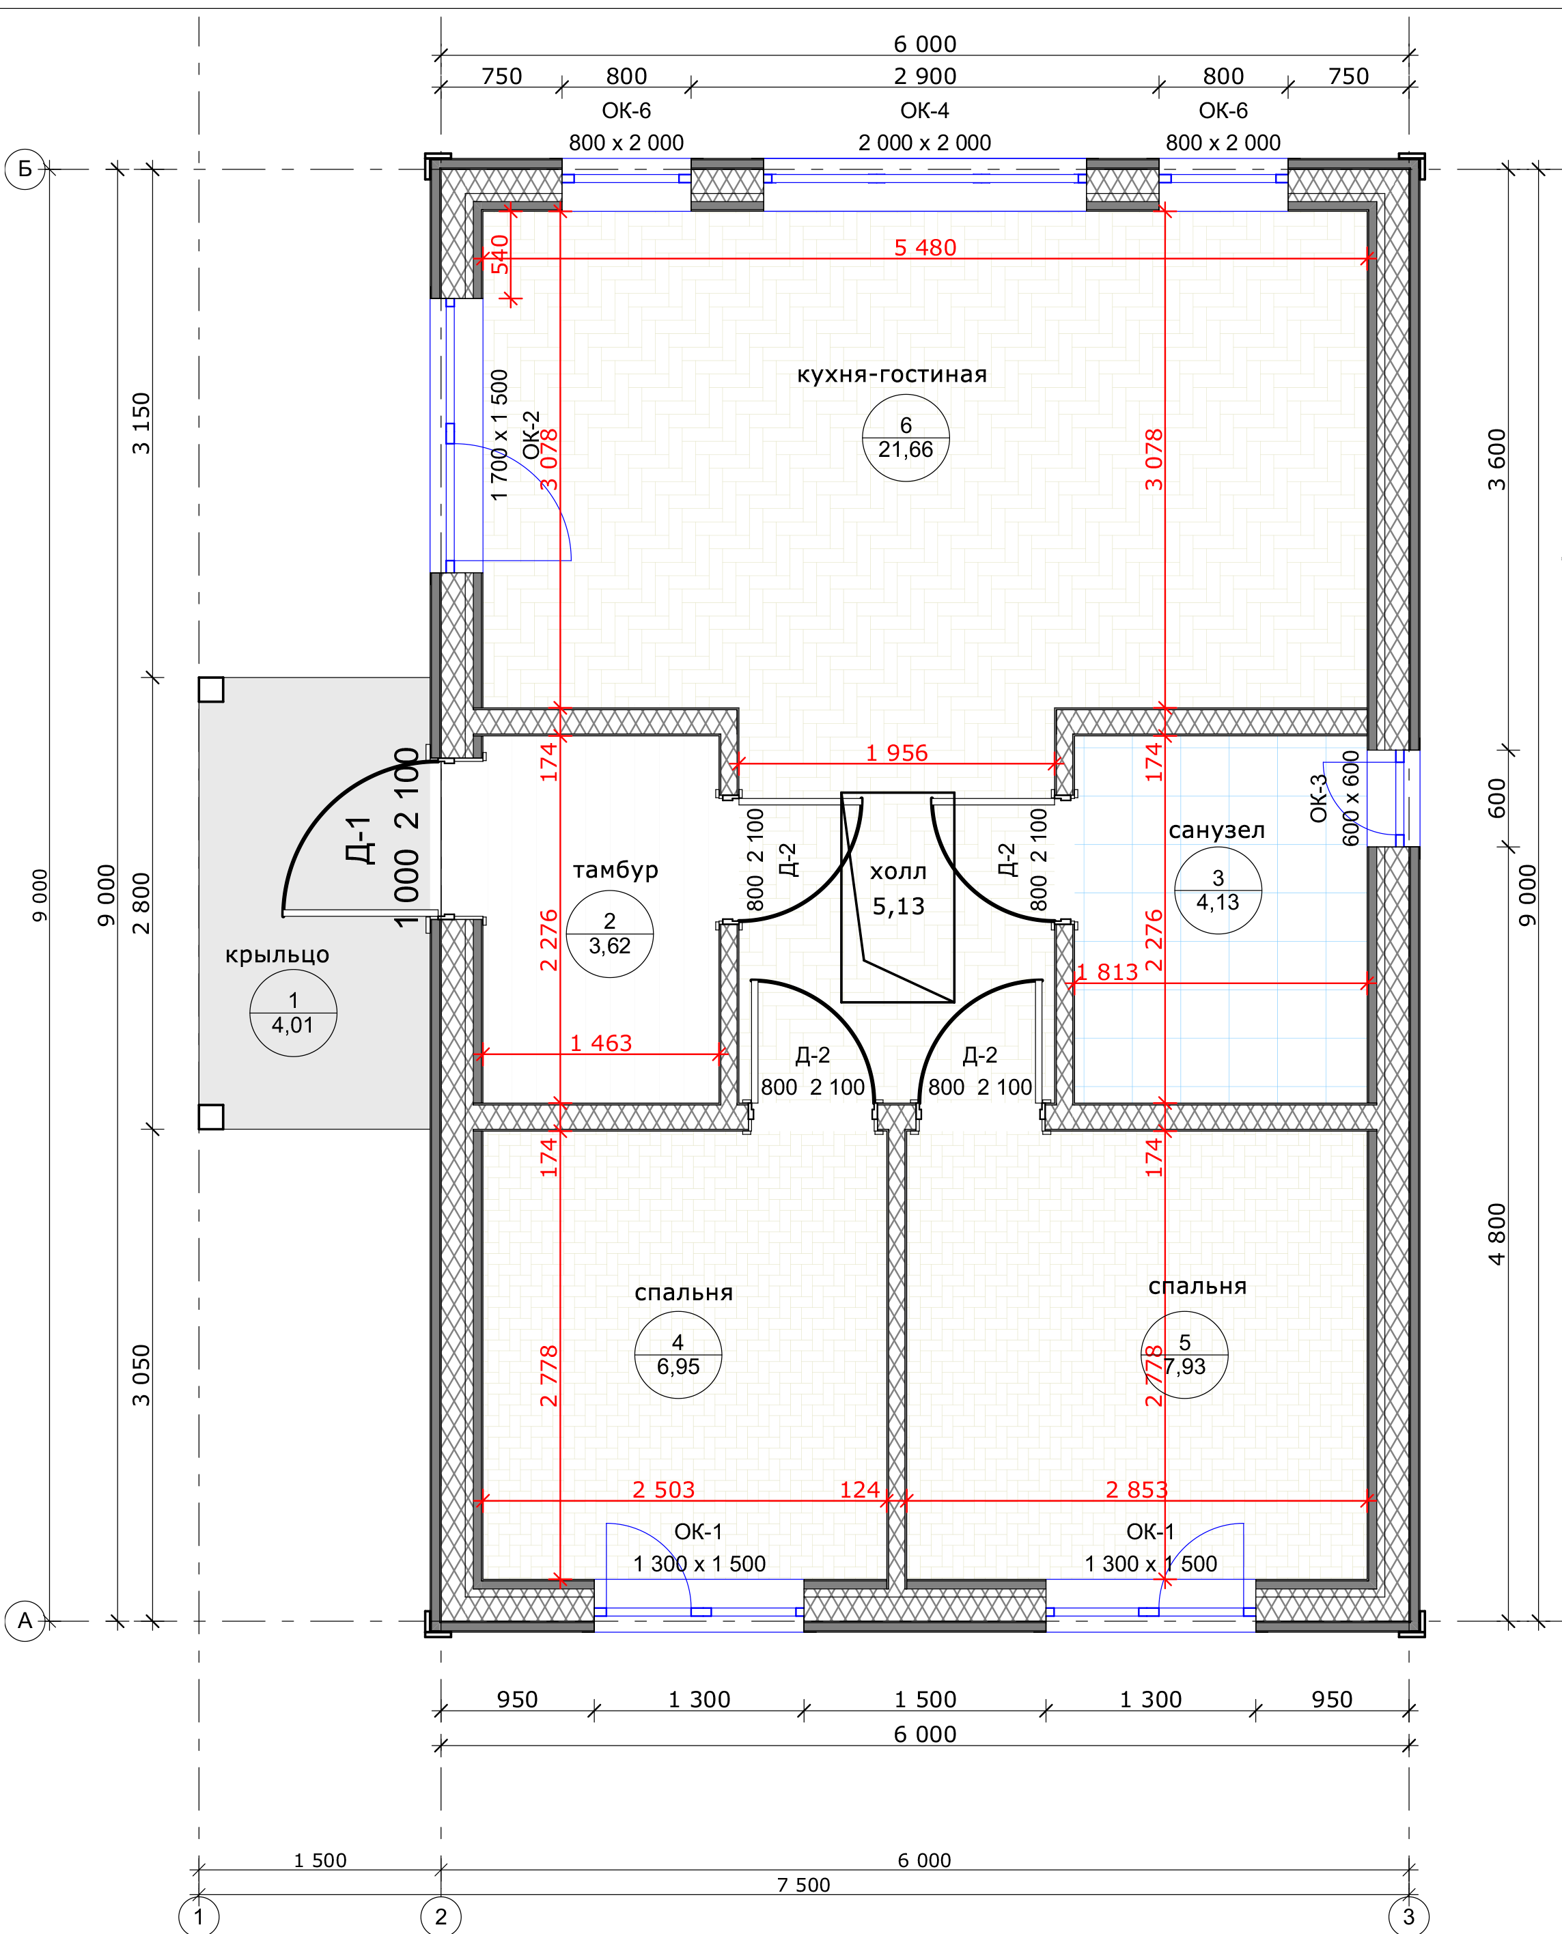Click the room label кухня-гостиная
(x=892, y=374)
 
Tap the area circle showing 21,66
(x=905, y=438)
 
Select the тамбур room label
(x=615, y=870)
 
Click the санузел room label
(x=1216, y=830)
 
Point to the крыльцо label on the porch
(x=277, y=955)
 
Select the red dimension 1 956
(x=896, y=753)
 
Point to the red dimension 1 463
(x=601, y=1043)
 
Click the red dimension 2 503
(x=663, y=1489)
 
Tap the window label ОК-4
(x=925, y=111)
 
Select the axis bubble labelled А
(x=25, y=1621)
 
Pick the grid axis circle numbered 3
(x=1409, y=1916)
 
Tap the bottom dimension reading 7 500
(x=803, y=1885)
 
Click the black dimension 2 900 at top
(x=925, y=76)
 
